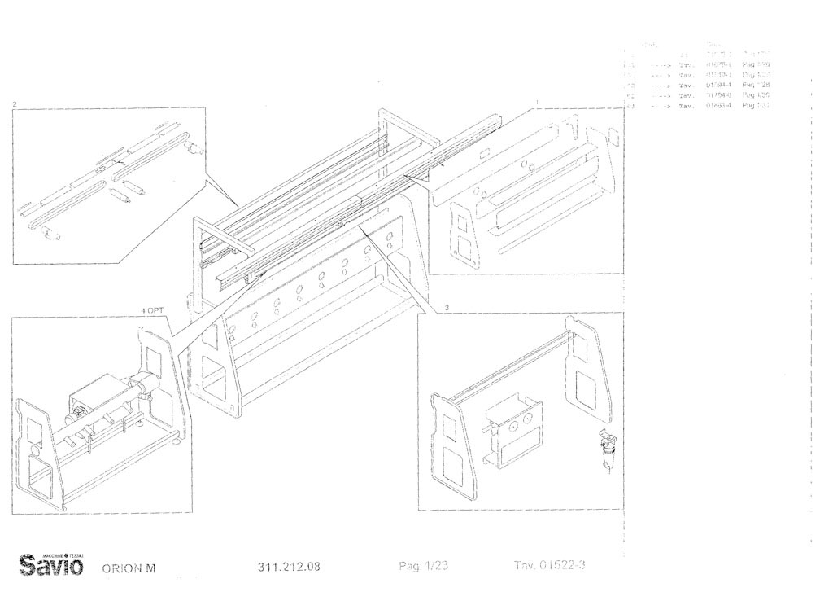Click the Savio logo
(x=55, y=563)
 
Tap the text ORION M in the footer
(x=129, y=568)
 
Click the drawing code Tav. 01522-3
(x=550, y=566)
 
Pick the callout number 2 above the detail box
(x=15, y=104)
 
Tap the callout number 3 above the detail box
(x=447, y=306)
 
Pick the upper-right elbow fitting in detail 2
(x=193, y=147)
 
